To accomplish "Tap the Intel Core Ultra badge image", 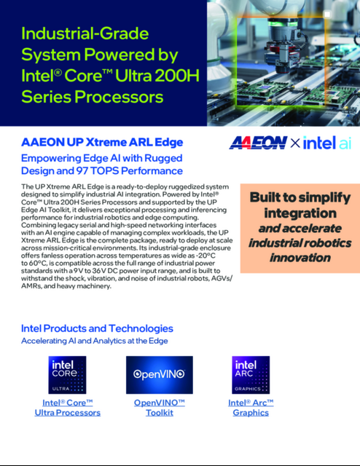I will (68, 375).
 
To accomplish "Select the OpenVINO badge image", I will (159, 375).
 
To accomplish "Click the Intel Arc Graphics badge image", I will (250, 375).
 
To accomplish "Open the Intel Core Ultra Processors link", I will (68, 408).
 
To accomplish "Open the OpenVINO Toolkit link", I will (159, 408).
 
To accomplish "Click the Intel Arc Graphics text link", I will (250, 408).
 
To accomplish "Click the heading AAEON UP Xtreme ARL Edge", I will (102, 141).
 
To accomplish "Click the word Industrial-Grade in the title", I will (85, 34).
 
